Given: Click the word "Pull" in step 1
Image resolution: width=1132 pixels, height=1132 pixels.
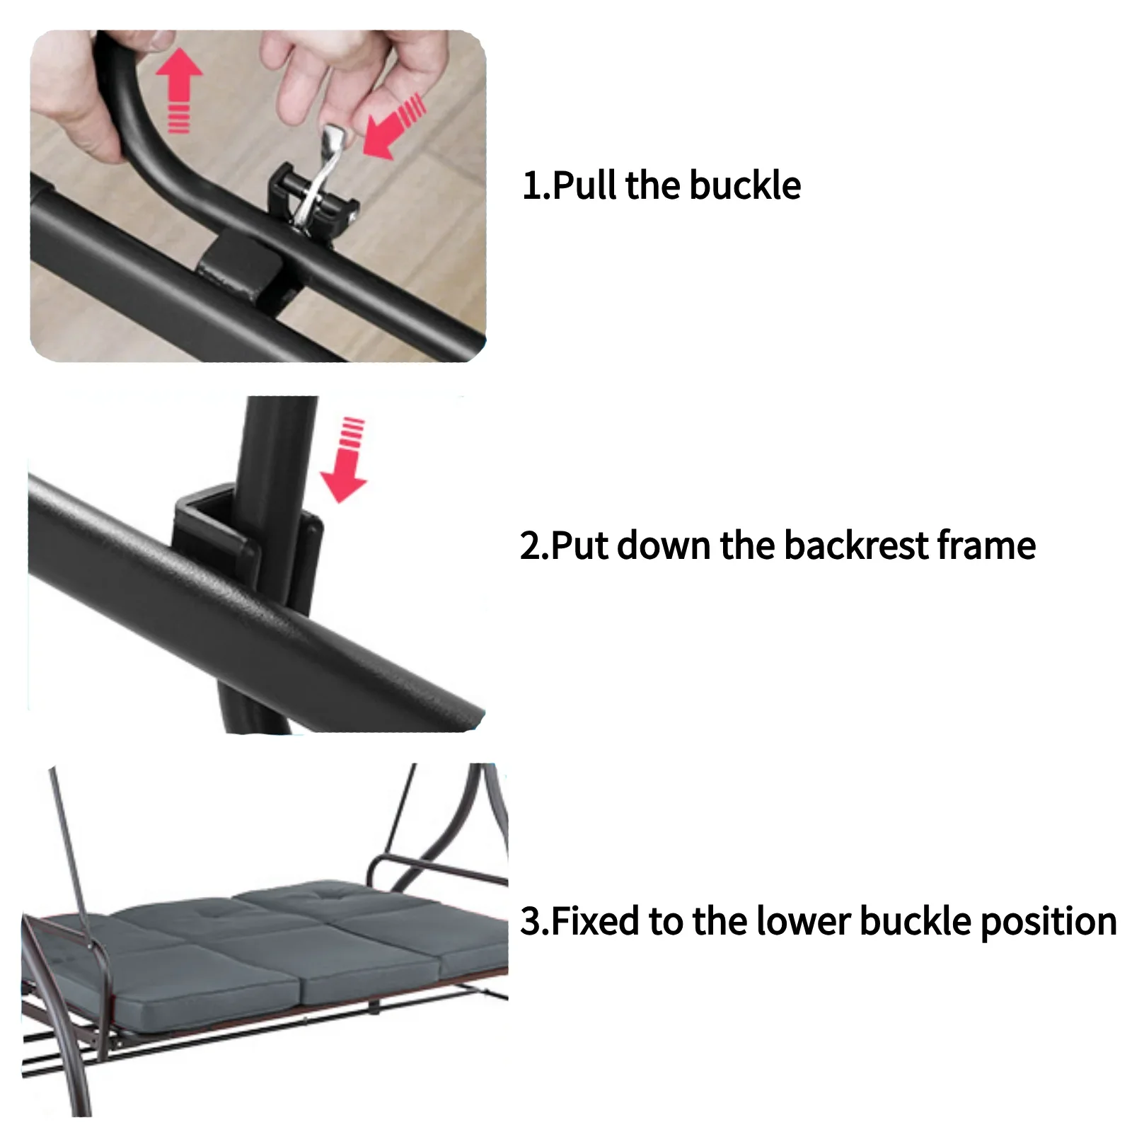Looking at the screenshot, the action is (585, 185).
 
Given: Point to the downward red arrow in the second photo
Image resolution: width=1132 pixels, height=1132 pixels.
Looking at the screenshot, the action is (345, 461).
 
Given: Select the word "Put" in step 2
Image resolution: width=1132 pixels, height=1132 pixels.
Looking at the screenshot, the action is (580, 545).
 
